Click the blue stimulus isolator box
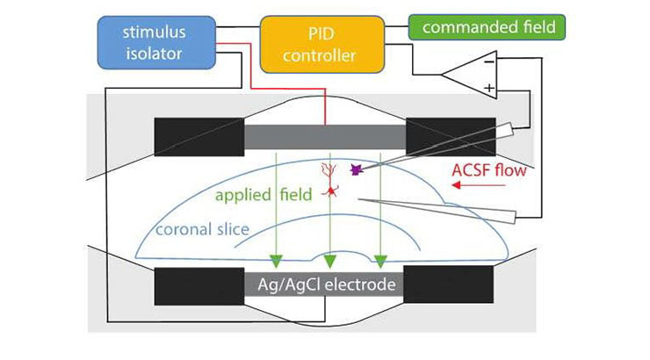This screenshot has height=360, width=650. [156, 43]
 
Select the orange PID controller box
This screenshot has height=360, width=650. [322, 45]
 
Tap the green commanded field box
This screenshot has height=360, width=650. [487, 27]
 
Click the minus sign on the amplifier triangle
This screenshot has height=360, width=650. [489, 62]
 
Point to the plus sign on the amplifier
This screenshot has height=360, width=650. [489, 88]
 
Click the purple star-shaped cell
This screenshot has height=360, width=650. [357, 169]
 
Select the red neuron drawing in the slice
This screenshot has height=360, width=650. [330, 180]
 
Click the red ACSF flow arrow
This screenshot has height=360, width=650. [479, 184]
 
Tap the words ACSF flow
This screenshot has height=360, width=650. [489, 170]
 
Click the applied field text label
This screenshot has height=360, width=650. [264, 195]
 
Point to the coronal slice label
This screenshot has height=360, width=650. [202, 229]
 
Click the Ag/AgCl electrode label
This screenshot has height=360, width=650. [327, 284]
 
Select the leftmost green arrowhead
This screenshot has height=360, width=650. [276, 262]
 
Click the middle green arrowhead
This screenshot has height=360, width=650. [330, 262]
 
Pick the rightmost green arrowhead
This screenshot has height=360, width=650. [380, 262]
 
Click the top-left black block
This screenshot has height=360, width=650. [199, 137]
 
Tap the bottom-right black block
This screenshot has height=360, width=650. [449, 284]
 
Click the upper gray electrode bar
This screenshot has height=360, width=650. [325, 137]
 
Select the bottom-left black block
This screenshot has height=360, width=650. [199, 286]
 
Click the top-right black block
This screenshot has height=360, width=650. [451, 137]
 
